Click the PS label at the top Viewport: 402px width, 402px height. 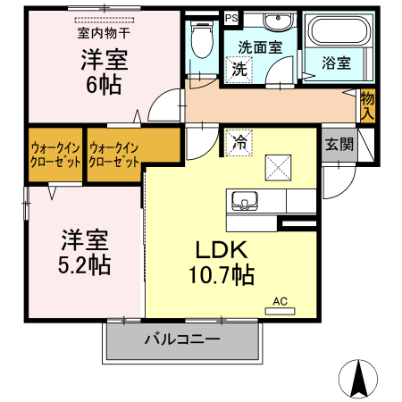pos(231,17)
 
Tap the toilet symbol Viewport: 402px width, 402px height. pos(201,39)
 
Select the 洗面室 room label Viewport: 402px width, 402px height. pos(258,46)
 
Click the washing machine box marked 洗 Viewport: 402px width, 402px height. pos(239,70)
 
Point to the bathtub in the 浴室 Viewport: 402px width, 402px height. pos(336,33)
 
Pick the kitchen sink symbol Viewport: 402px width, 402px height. pos(244,199)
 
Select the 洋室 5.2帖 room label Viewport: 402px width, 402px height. pos(86,252)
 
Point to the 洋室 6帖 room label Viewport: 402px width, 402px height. pos(105,71)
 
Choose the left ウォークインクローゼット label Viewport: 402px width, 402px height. pos(55,155)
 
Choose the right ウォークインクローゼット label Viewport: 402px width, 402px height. pos(115,155)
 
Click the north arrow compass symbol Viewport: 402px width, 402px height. pos(358,378)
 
